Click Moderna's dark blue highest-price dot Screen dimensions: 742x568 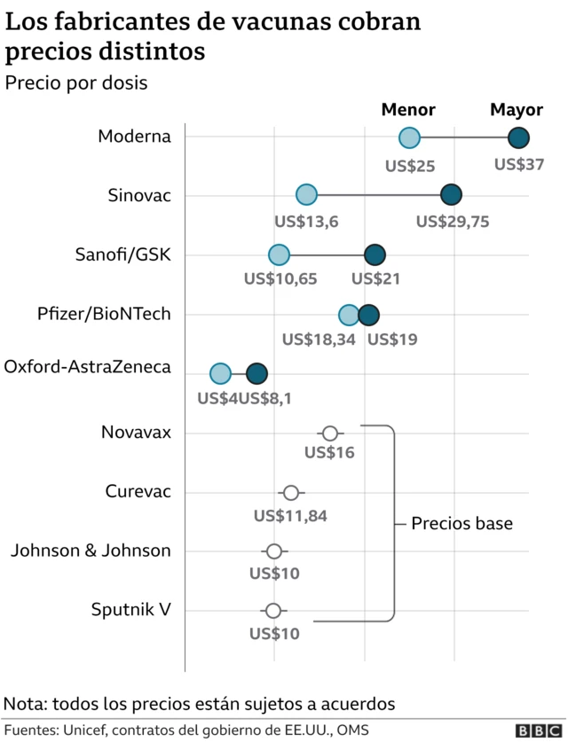[x=518, y=137]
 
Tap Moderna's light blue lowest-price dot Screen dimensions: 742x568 [x=409, y=137]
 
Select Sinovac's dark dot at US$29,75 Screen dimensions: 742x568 [x=451, y=195]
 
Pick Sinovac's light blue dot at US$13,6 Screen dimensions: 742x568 [x=306, y=195]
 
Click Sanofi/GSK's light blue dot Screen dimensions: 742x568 [x=279, y=255]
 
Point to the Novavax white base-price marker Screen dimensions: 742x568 [x=330, y=433]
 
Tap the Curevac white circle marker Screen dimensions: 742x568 [x=290, y=493]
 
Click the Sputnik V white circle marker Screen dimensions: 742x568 [x=273, y=611]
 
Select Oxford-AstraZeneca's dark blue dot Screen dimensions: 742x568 [x=256, y=374]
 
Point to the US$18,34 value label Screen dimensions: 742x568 [x=319, y=339]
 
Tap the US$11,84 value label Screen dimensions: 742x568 [x=291, y=515]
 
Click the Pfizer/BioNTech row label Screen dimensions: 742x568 [x=104, y=314]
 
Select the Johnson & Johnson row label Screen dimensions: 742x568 [x=91, y=551]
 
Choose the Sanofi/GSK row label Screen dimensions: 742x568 [x=122, y=255]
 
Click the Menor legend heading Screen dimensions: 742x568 [x=408, y=110]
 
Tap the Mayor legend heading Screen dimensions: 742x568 [x=517, y=110]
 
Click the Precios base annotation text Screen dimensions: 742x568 [x=461, y=523]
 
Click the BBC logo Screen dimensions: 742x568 [x=533, y=730]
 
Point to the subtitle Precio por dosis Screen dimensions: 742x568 [x=76, y=83]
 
